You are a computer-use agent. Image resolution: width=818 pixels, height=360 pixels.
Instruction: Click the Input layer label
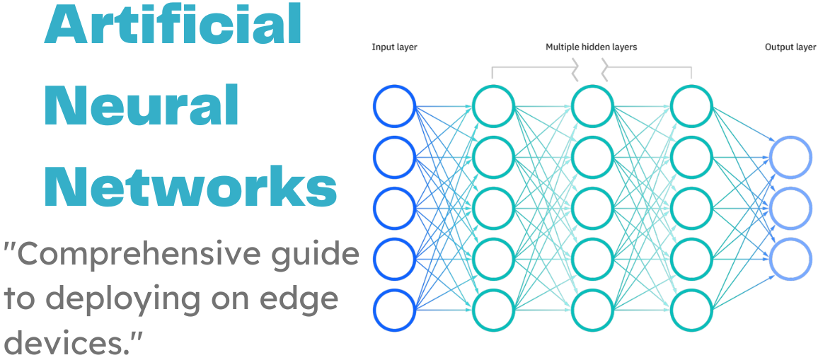[x=394, y=47]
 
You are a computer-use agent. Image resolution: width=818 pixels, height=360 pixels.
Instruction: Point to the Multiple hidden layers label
[x=591, y=47]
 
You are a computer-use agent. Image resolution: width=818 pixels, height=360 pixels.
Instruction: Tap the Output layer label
[x=790, y=47]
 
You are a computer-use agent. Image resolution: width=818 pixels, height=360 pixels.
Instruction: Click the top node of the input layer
[x=394, y=106]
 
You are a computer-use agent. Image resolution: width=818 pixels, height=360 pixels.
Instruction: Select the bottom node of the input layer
[x=394, y=310]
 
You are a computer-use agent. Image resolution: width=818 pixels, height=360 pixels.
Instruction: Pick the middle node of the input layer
[x=394, y=209]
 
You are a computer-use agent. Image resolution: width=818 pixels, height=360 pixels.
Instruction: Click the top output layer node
[x=790, y=157]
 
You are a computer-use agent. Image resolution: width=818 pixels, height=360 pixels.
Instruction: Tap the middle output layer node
[x=790, y=209]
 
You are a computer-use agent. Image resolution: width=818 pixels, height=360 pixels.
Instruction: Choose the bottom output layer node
[x=790, y=260]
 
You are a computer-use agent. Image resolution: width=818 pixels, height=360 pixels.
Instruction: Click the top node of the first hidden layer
[x=493, y=106]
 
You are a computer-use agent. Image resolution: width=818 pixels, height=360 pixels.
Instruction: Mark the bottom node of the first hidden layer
[x=493, y=310]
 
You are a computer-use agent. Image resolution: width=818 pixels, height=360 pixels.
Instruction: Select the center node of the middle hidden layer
[x=592, y=209]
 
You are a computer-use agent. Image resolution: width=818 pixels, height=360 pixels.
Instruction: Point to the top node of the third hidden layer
[x=691, y=106]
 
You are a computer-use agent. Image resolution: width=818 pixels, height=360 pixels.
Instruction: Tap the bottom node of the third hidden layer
[x=691, y=310]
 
